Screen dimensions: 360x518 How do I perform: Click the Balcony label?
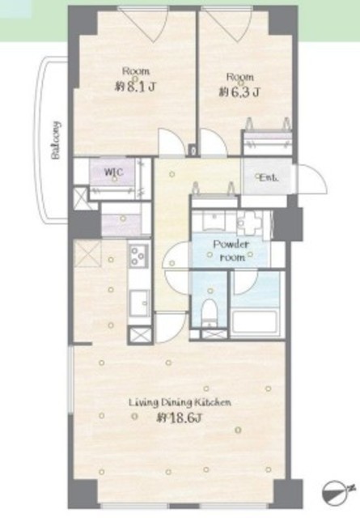tap(57, 140)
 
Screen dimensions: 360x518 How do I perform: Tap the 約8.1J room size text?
tap(135, 87)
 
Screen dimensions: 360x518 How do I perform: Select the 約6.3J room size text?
tap(239, 92)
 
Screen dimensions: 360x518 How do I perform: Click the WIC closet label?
tap(113, 172)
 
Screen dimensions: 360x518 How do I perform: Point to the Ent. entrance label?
tap(269, 178)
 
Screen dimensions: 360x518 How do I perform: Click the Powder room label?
tap(231, 251)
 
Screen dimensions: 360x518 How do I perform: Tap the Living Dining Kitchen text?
tap(180, 403)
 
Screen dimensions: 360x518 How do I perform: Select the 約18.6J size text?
tap(179, 418)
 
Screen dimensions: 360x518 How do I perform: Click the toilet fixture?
tap(209, 312)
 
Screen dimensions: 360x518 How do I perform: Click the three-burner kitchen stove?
tap(139, 256)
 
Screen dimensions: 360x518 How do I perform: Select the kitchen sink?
tap(139, 304)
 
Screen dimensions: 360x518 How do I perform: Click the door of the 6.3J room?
tap(214, 142)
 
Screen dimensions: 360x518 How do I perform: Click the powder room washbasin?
tap(214, 221)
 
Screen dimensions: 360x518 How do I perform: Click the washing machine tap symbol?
tap(250, 222)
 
